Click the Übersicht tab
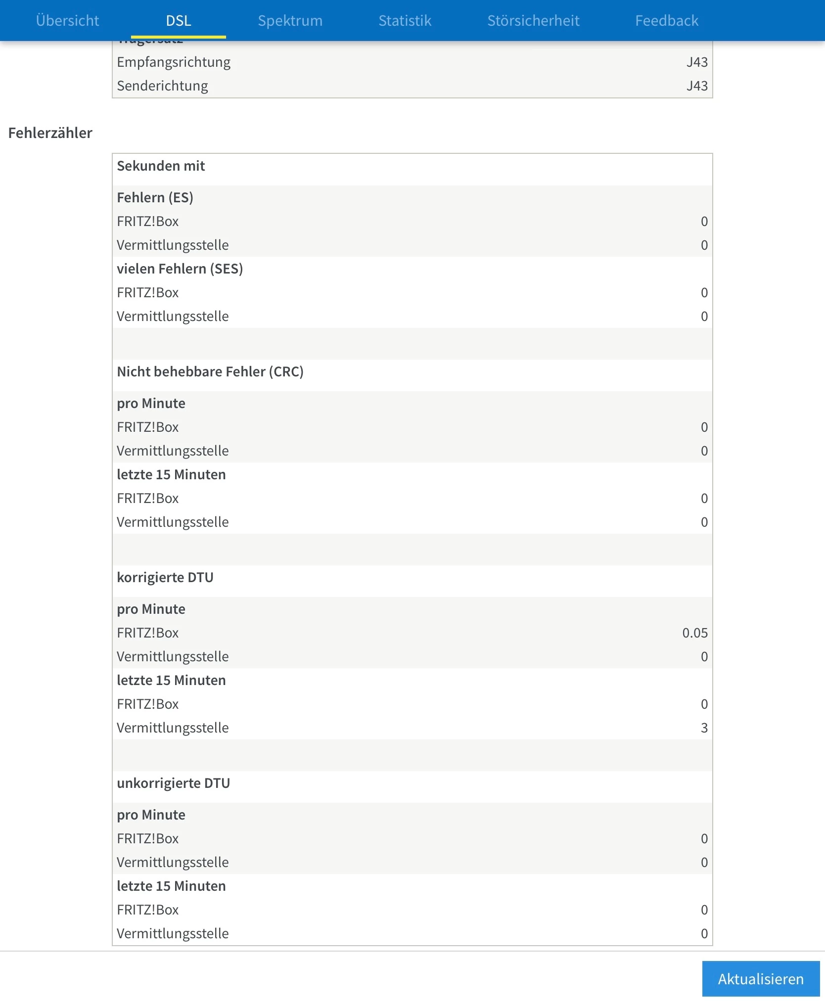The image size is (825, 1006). [x=68, y=21]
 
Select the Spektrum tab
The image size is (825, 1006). [x=290, y=21]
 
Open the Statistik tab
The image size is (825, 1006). [x=405, y=21]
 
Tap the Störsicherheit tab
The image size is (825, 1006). [x=533, y=21]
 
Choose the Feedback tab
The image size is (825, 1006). [x=667, y=21]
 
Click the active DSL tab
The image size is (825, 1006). [x=179, y=21]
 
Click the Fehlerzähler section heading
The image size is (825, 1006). [x=50, y=133]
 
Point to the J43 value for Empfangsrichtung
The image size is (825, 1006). [x=697, y=62]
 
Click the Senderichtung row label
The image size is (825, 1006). [x=162, y=86]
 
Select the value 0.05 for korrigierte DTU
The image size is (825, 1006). [x=695, y=633]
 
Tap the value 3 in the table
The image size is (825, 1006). [x=704, y=728]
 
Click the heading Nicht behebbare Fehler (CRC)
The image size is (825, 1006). [x=210, y=372]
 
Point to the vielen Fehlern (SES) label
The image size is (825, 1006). [x=180, y=269]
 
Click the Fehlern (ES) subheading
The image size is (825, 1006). [x=155, y=198]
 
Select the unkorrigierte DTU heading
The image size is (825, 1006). [x=174, y=783]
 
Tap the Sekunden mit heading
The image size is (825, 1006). [x=161, y=166]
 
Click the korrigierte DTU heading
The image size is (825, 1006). [x=165, y=578]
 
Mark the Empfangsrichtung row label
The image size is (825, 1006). [x=174, y=62]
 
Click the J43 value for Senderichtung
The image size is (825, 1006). [x=697, y=86]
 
